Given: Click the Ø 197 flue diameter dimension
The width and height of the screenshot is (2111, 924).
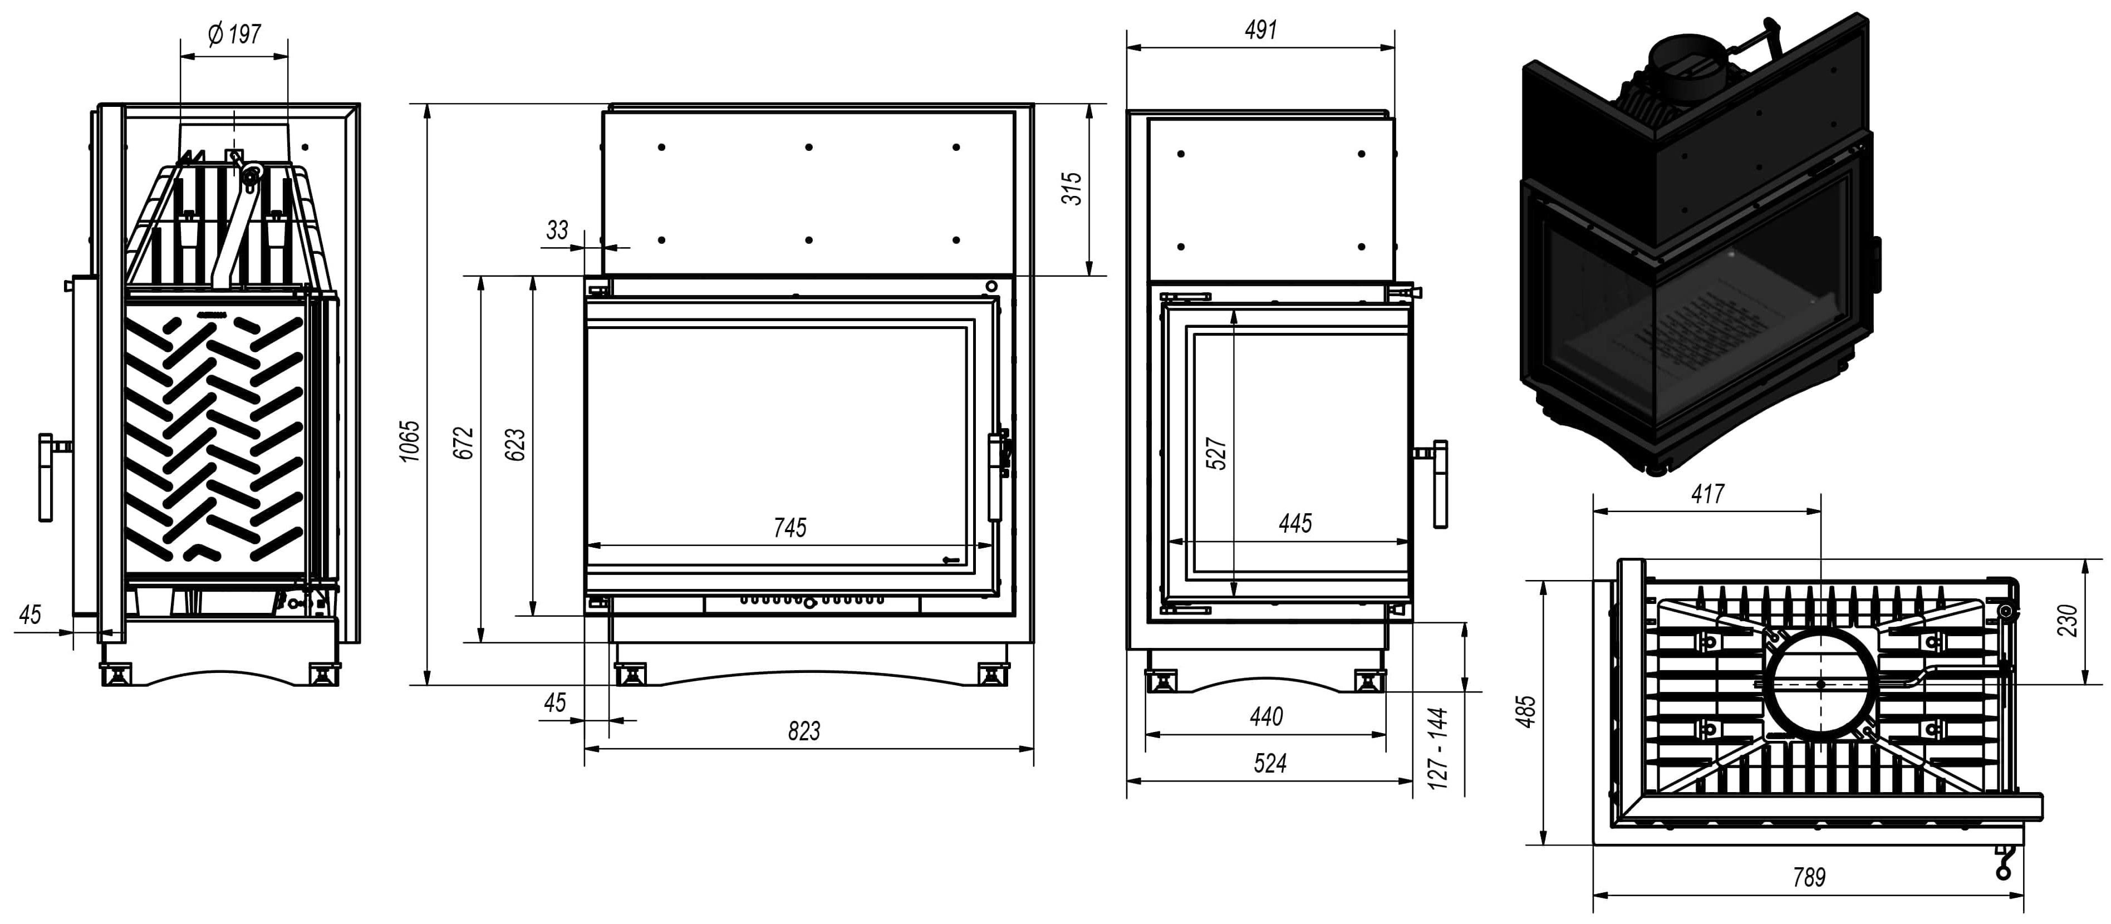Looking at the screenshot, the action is (234, 35).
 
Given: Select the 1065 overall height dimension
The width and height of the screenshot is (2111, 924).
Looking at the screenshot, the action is (410, 441).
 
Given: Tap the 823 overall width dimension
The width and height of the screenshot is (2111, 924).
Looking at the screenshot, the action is (804, 731).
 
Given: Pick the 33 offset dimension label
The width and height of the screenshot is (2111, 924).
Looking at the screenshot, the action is (557, 230).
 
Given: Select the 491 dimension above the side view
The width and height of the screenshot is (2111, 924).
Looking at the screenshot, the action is (1260, 30).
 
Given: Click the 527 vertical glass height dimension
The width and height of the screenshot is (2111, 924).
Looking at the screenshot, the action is (1217, 454).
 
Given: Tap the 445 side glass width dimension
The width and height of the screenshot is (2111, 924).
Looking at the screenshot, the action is (1295, 523).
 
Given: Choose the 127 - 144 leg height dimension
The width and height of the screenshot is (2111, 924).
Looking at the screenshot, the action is (1438, 749).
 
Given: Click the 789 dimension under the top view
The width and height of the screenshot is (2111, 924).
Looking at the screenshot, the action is (1809, 877).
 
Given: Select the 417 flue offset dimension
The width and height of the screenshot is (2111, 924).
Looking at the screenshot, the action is (1708, 494).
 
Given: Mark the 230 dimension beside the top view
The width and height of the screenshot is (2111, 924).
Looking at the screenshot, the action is (2068, 620).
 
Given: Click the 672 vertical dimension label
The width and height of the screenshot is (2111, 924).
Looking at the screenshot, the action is (464, 443).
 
